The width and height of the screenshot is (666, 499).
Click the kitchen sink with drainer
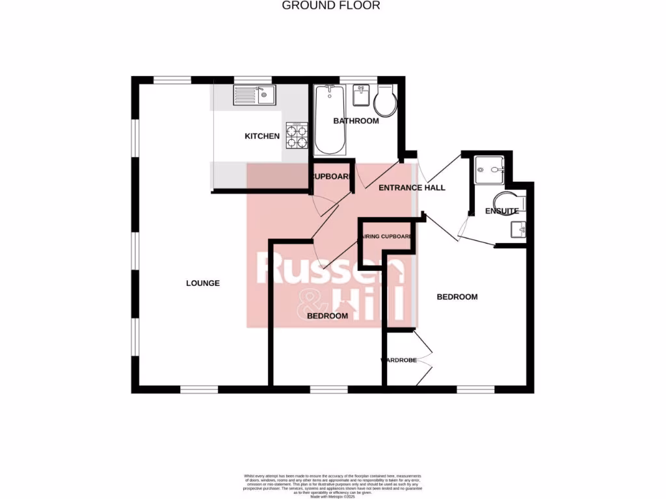click(255, 97)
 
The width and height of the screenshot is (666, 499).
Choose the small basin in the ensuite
click(518, 229)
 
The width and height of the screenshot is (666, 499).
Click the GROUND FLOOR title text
click(330, 6)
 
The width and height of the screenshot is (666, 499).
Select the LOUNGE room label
click(203, 283)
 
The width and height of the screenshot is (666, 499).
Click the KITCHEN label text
click(262, 136)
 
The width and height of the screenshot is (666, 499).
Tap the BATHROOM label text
click(356, 121)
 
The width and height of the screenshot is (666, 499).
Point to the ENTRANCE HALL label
click(412, 188)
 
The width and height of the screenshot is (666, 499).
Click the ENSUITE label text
click(501, 211)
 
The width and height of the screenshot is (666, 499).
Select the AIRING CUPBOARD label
click(387, 237)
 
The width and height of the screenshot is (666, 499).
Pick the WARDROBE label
click(399, 359)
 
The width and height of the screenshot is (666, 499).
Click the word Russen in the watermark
click(330, 270)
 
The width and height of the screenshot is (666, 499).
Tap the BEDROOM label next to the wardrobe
click(457, 297)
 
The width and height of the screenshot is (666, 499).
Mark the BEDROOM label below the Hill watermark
click(326, 316)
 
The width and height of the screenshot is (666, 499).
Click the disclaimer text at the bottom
click(332, 485)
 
